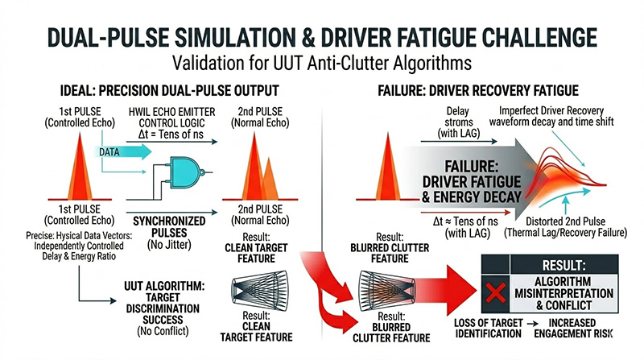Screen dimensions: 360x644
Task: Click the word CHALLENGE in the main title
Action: coord(508,38)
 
